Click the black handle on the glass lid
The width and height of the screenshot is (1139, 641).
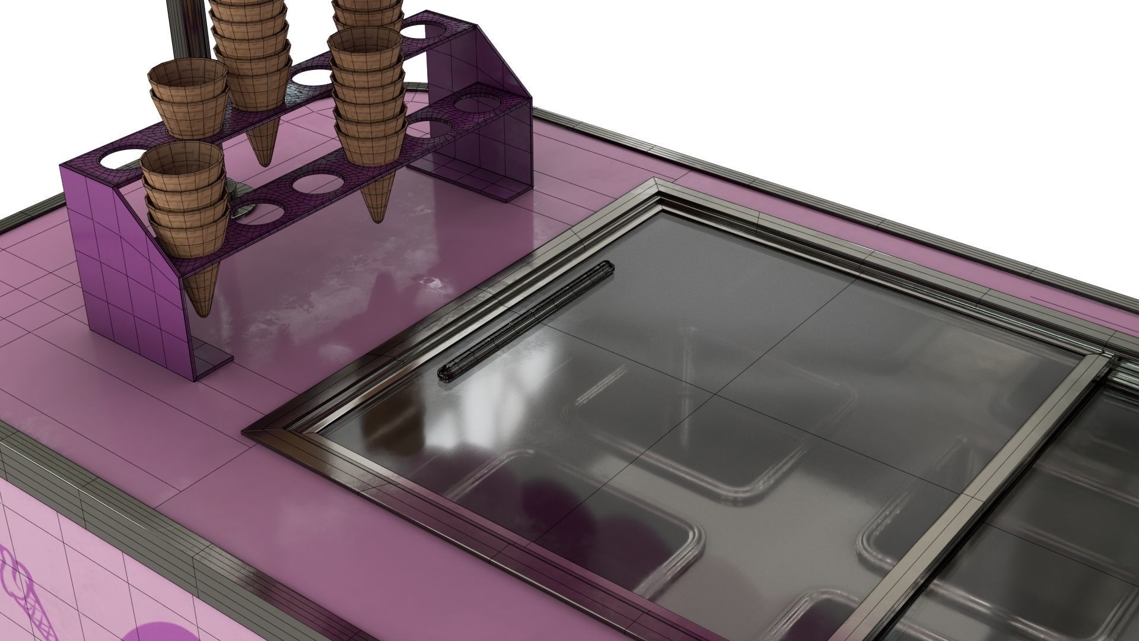tap(525, 320)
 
